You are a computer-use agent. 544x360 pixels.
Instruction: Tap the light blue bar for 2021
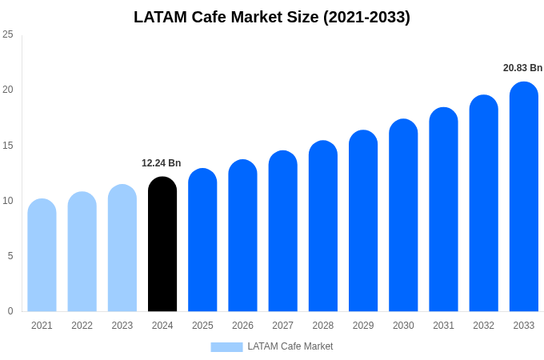point(42,255)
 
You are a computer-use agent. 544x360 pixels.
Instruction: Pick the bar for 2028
point(323,226)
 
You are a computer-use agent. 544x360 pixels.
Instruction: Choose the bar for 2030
point(403,215)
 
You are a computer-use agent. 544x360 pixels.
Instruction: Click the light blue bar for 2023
point(122,248)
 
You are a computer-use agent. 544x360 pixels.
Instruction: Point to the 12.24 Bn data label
point(162,163)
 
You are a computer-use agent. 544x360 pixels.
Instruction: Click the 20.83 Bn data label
point(522,68)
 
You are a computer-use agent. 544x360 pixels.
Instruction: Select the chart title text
point(272,17)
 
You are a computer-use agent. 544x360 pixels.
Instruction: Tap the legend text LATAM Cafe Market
point(290,346)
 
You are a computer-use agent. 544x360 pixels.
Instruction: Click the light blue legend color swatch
point(226,346)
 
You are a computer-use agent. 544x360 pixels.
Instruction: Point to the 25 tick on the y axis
point(8,34)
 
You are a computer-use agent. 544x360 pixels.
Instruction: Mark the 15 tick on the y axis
point(8,145)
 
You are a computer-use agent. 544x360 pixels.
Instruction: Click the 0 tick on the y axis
point(10,311)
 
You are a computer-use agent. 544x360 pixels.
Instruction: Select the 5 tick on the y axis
point(10,256)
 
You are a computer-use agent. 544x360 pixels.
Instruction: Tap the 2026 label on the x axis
point(242,326)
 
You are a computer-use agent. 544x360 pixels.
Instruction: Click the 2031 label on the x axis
point(443,326)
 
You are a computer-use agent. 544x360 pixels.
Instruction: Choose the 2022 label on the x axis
point(82,326)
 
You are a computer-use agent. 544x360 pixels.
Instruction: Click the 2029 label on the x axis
point(363,326)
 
